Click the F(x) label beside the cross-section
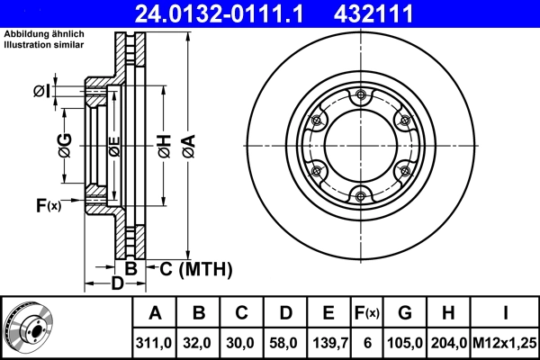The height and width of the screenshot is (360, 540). click(x=48, y=206)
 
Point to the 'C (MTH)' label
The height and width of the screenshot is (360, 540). click(x=195, y=268)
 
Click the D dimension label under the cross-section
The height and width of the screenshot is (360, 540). click(x=116, y=285)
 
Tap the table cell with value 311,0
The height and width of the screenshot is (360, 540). click(x=155, y=342)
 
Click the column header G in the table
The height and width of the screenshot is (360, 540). click(x=405, y=313)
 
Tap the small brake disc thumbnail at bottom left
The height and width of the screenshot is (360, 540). click(x=29, y=328)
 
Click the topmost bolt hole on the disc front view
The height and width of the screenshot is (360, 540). click(x=361, y=95)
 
